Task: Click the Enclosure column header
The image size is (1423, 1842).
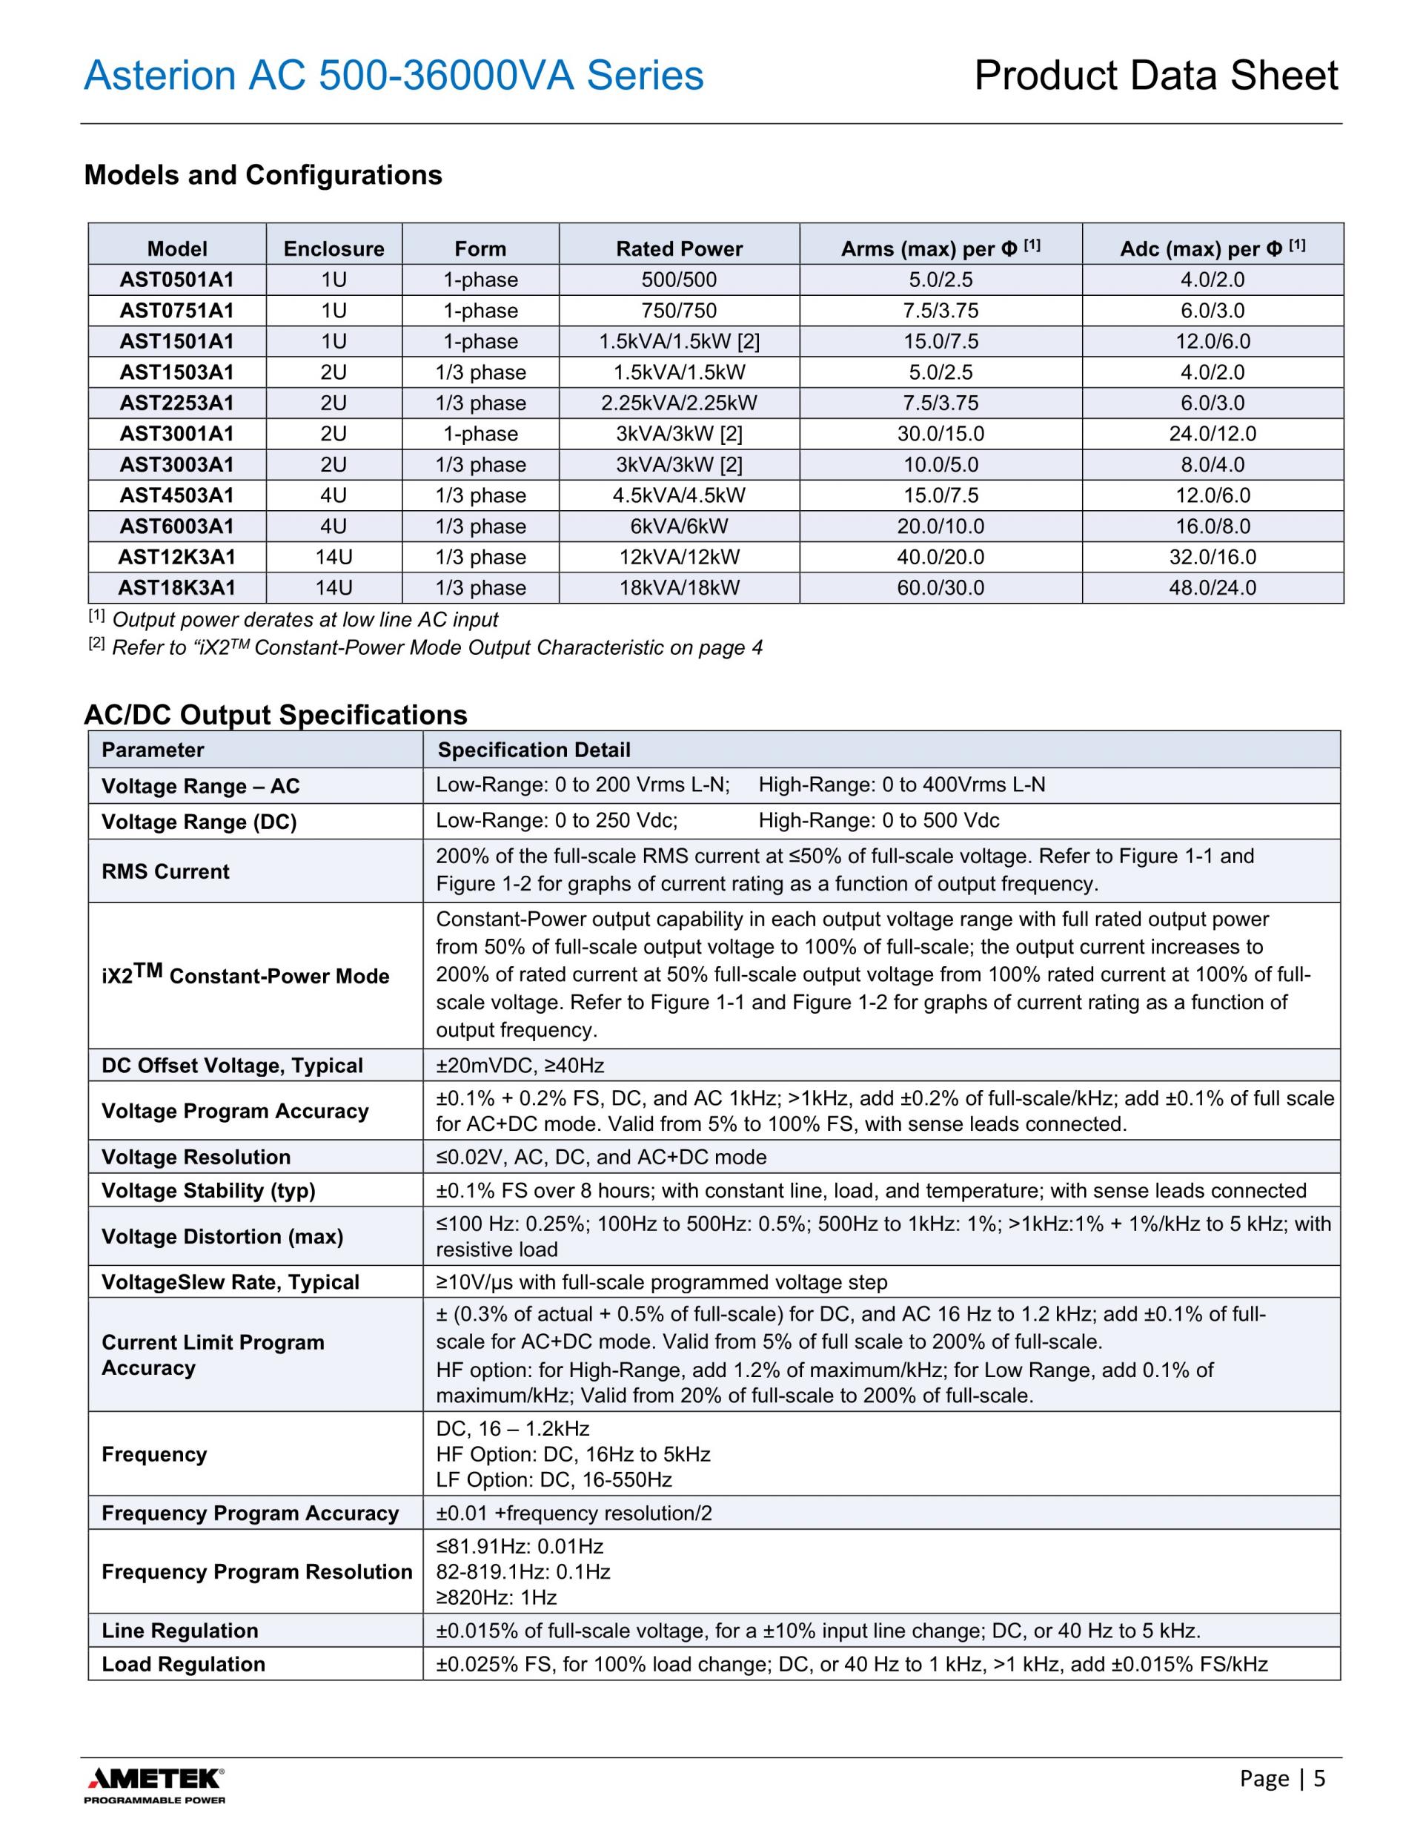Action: coord(334,249)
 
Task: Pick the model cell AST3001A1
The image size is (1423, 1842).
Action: coord(177,434)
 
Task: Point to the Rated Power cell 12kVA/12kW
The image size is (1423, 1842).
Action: coord(679,557)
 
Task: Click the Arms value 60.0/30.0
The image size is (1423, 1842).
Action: coord(940,588)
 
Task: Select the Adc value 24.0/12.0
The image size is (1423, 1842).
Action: coord(1213,434)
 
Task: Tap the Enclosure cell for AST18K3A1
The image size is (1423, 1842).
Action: coord(334,588)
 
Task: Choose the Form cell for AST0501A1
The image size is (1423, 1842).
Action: coord(480,280)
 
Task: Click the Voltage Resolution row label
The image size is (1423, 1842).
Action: coord(196,1157)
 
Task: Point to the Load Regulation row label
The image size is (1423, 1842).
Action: coord(183,1664)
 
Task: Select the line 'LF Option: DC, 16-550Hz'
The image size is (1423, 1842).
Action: coord(554,1480)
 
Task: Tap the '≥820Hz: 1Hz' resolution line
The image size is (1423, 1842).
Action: coord(497,1597)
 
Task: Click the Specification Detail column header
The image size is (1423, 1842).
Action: coord(534,750)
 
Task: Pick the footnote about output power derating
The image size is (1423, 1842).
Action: coord(303,620)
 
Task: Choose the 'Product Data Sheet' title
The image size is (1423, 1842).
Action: coord(1155,76)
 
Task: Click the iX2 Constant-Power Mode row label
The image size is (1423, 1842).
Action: coord(245,975)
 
